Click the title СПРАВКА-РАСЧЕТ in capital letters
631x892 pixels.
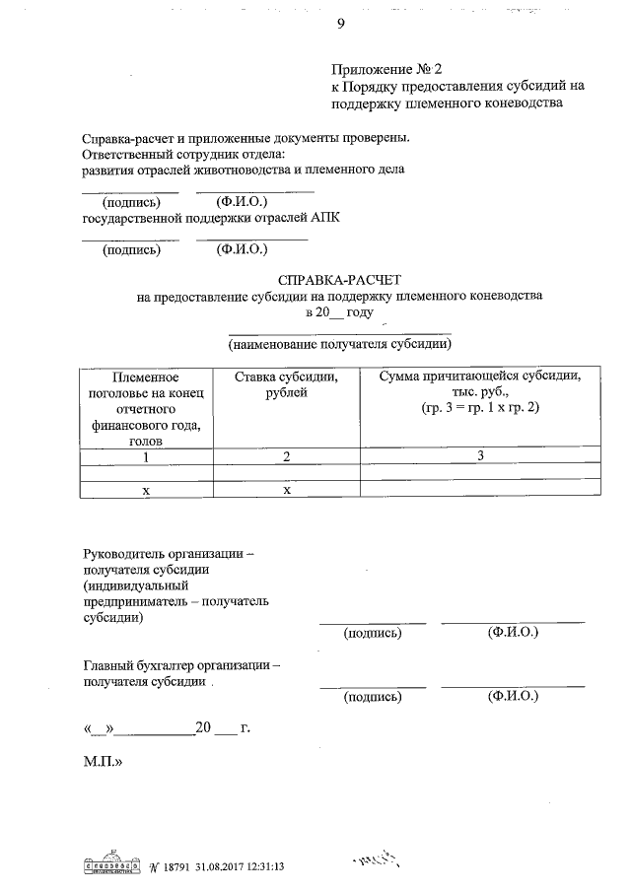(340, 281)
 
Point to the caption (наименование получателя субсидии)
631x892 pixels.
(340, 345)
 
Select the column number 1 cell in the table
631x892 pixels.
(145, 457)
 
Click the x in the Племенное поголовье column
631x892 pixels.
(145, 490)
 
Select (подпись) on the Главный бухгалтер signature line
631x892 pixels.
(373, 697)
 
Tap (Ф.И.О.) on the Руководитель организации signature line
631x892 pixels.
(513, 633)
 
